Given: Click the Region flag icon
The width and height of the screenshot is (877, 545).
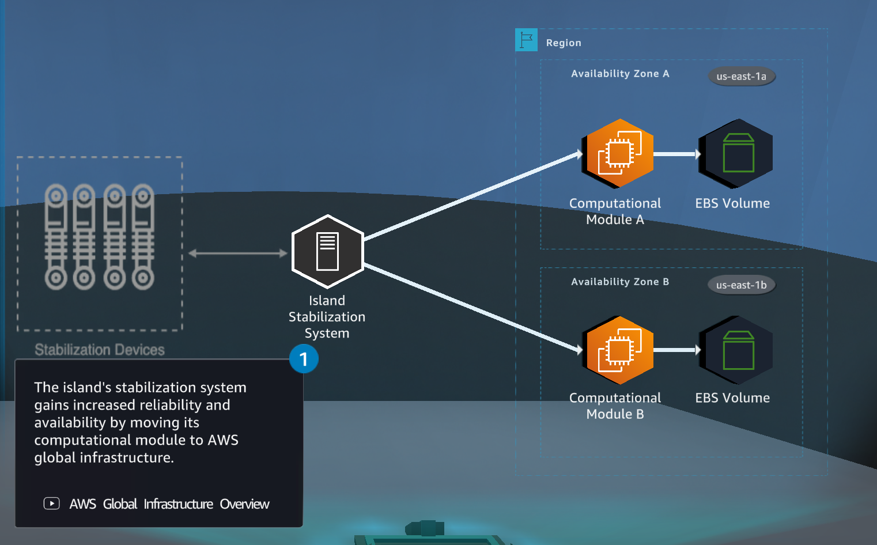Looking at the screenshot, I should (526, 40).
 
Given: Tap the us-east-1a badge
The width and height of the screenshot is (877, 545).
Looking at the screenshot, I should (741, 77).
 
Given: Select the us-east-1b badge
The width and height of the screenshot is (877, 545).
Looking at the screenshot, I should (741, 285).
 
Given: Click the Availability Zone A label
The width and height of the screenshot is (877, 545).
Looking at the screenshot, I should (620, 74).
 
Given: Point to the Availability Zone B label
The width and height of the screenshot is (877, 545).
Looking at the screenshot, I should (620, 282).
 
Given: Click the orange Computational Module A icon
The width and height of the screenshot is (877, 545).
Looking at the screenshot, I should (619, 153).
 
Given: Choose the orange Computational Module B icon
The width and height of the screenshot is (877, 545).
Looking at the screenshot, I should (619, 350).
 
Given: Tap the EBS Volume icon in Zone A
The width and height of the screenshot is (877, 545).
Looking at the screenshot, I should (736, 153).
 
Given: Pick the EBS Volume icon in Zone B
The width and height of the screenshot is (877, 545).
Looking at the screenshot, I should (736, 350).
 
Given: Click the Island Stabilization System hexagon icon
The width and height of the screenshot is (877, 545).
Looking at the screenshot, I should (327, 252).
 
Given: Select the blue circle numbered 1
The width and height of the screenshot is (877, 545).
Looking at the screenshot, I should (304, 359).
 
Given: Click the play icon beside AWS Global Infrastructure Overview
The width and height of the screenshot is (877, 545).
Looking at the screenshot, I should (52, 504).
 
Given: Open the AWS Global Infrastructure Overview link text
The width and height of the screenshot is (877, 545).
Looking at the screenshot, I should (169, 504).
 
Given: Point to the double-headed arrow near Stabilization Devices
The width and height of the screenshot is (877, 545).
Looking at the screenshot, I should (237, 253).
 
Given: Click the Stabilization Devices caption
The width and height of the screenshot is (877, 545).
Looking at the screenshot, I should (100, 350).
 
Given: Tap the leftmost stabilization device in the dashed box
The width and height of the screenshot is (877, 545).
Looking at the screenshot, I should (56, 237).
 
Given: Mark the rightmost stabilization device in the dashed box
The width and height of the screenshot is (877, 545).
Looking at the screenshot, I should (143, 237).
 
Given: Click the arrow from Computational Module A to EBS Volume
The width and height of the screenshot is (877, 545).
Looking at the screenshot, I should (676, 154).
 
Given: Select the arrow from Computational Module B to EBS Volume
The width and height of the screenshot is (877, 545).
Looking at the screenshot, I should (676, 350).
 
